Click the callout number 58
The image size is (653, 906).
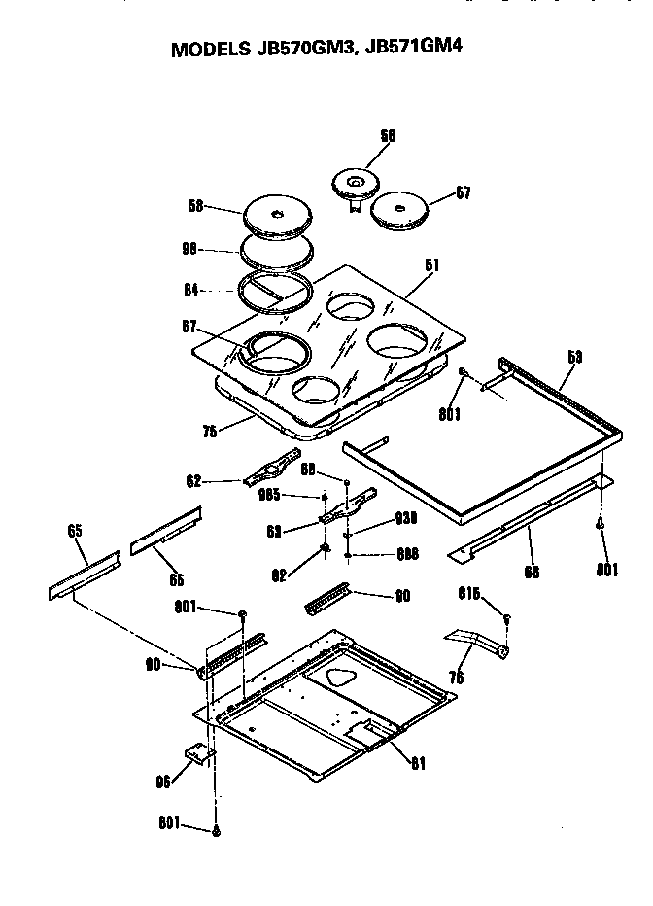(196, 206)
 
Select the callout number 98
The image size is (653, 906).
(192, 250)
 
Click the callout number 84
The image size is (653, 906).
(192, 289)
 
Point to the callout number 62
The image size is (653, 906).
(193, 480)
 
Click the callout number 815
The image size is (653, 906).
(471, 593)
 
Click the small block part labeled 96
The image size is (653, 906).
(200, 755)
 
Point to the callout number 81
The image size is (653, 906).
(418, 762)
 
